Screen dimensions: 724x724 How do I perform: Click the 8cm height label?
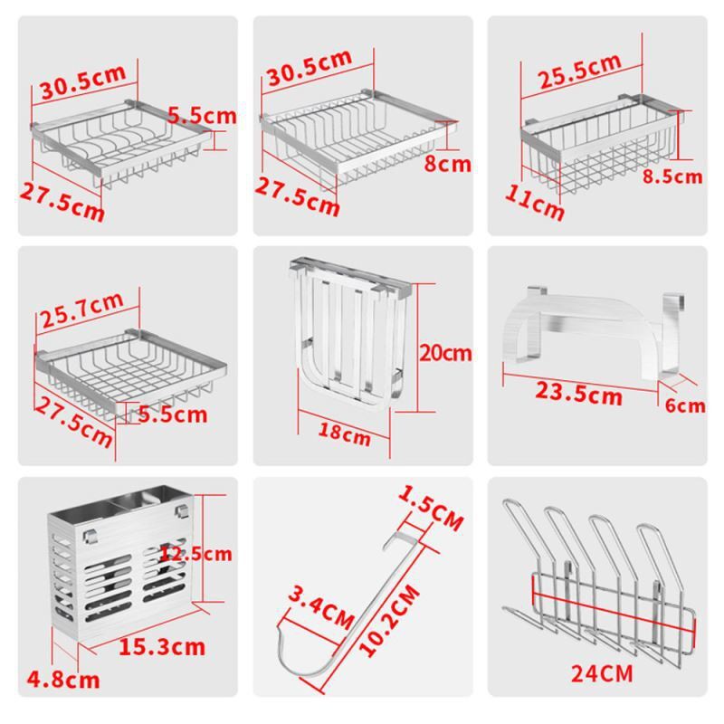coord(447,165)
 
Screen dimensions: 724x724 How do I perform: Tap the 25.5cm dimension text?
coord(580,71)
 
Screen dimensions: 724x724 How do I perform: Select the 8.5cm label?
coord(672,176)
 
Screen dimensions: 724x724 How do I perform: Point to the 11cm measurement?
coord(534,203)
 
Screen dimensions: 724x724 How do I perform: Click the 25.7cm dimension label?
coord(82,310)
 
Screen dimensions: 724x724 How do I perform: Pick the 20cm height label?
coord(445,354)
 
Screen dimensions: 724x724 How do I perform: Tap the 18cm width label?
coord(345,434)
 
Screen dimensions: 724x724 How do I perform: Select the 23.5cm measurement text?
coord(578,395)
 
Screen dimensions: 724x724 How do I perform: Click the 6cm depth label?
coord(685,405)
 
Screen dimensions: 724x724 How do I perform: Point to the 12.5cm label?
coord(195,554)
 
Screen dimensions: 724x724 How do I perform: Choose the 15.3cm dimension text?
coord(162,647)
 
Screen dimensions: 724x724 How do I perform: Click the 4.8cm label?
coord(63,681)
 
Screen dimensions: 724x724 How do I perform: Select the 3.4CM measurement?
coord(321,608)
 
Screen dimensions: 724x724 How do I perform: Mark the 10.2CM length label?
coord(389,621)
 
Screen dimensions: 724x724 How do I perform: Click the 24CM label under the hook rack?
coord(602,673)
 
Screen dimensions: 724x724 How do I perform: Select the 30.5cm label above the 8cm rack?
coord(310,68)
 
